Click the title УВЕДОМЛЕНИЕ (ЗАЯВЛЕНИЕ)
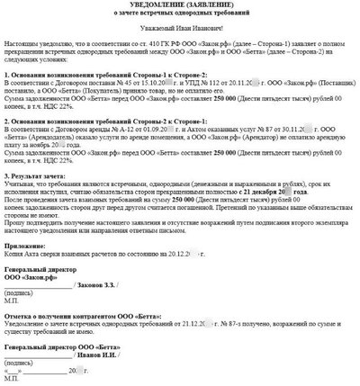(x=179, y=8)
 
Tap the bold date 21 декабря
(x=269, y=217)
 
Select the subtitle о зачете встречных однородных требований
(x=179, y=17)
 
